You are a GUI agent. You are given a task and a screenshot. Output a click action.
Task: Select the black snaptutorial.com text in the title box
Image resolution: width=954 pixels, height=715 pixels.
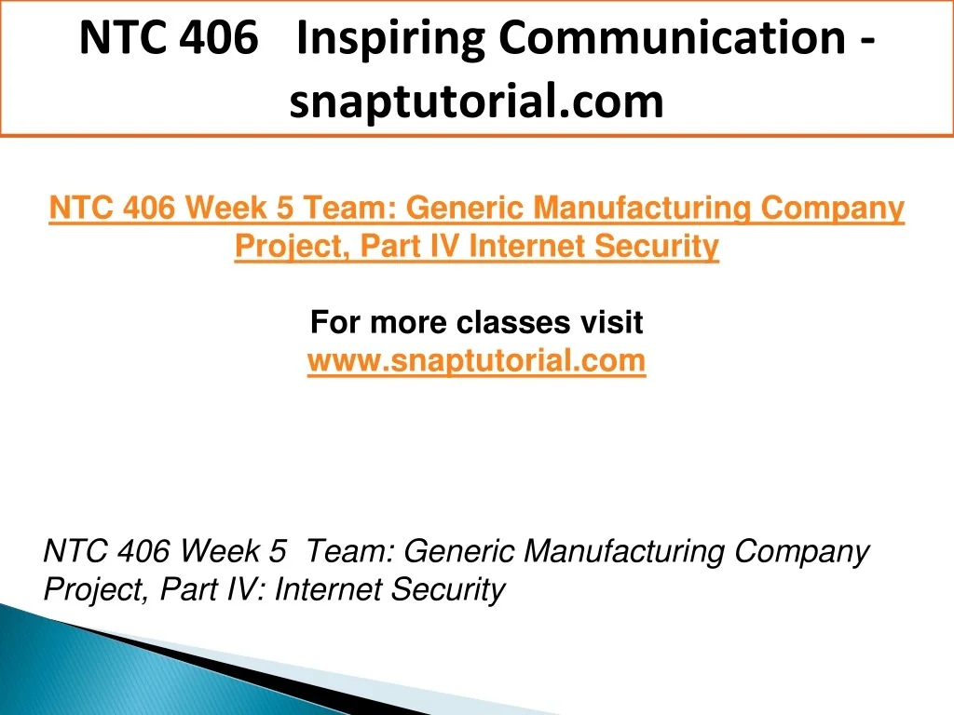476,101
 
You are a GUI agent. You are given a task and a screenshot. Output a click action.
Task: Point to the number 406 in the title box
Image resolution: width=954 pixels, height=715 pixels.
219,37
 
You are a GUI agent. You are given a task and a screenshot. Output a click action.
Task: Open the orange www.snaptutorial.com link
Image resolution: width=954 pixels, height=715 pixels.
476,360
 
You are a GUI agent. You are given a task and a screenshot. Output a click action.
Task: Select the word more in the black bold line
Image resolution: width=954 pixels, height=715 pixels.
408,322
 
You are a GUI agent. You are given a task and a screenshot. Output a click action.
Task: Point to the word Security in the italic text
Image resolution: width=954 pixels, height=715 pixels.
447,589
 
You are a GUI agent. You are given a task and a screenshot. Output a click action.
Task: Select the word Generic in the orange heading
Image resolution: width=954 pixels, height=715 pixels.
464,208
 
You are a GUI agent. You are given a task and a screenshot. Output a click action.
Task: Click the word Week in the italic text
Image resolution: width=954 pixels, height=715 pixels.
220,551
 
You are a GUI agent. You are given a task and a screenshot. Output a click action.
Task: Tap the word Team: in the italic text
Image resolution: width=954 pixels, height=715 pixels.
351,551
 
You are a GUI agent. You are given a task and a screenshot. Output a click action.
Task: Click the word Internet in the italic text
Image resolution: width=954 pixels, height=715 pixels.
328,589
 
